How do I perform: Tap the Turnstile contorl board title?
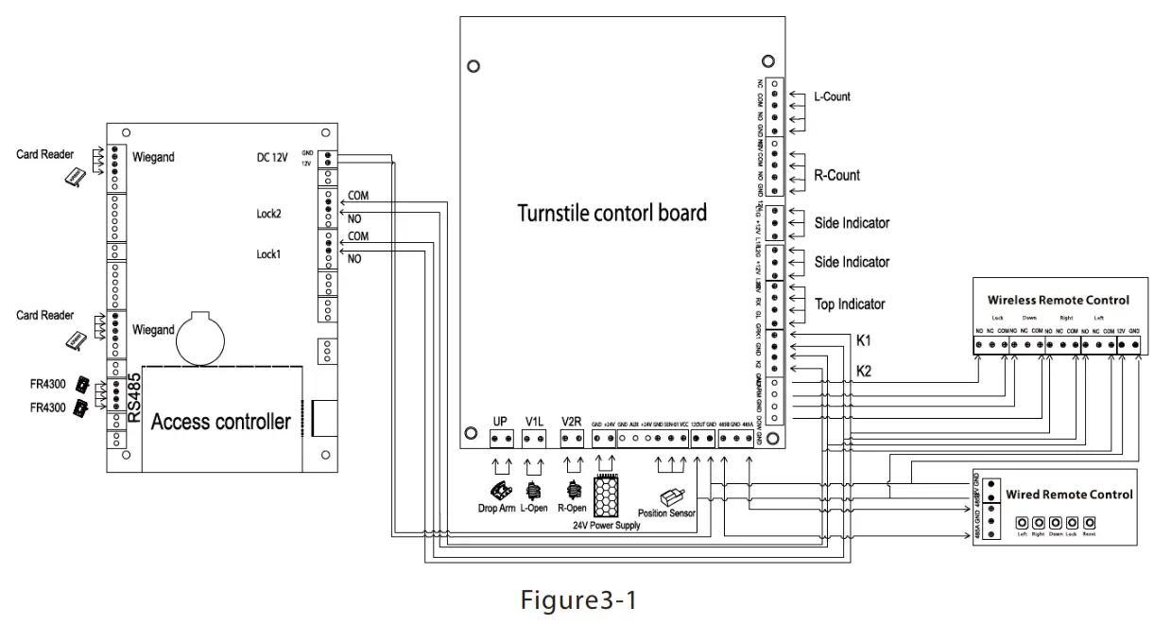click(x=611, y=212)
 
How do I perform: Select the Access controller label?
click(x=220, y=422)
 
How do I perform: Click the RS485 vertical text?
click(x=134, y=398)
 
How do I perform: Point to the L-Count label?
click(x=832, y=96)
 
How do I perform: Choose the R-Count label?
click(x=836, y=175)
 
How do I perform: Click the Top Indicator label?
click(x=850, y=304)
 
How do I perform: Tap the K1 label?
click(x=864, y=339)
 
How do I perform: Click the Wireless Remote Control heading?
click(x=1058, y=301)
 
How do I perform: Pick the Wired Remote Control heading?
click(x=1068, y=495)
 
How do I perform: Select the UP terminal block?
click(x=501, y=439)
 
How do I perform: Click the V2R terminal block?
click(x=571, y=439)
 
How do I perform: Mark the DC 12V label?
click(x=272, y=157)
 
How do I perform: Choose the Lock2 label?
click(x=268, y=214)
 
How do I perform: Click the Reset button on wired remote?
click(x=1089, y=522)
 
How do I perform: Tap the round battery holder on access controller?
click(x=200, y=337)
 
